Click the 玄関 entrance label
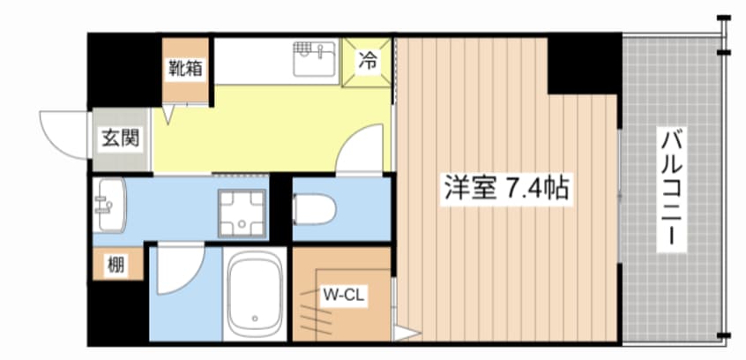(121, 139)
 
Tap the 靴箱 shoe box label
(186, 69)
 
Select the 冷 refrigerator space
(367, 62)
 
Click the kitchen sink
(314, 58)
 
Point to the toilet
(314, 209)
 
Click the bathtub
(255, 295)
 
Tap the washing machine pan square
(242, 213)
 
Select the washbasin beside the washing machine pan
(109, 206)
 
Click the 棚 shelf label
(116, 266)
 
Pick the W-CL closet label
(344, 295)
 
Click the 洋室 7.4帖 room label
(507, 188)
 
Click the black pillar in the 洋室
(585, 64)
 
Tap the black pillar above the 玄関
(124, 71)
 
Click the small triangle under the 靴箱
(169, 116)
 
